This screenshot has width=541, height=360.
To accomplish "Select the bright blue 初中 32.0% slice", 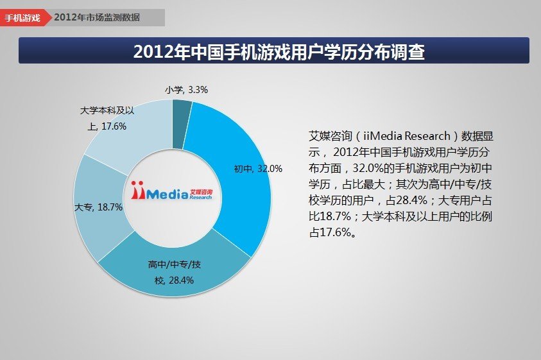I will [x=237, y=193].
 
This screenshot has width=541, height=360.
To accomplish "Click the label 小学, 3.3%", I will [x=186, y=90].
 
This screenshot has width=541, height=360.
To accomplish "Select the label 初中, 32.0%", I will [x=257, y=169].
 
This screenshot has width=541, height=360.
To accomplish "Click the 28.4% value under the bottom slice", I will [x=182, y=280].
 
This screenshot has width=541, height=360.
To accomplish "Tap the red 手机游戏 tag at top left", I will [x=23, y=17].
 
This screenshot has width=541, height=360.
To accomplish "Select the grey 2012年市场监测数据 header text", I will [x=97, y=17].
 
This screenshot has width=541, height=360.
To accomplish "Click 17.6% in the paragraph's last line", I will [x=332, y=233].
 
